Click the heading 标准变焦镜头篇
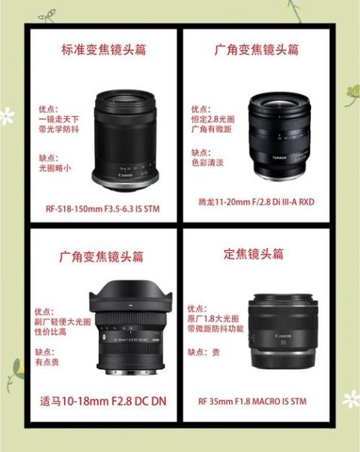point(103,50)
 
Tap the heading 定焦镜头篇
point(255,254)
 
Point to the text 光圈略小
point(54,169)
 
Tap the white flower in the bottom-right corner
point(350,399)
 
